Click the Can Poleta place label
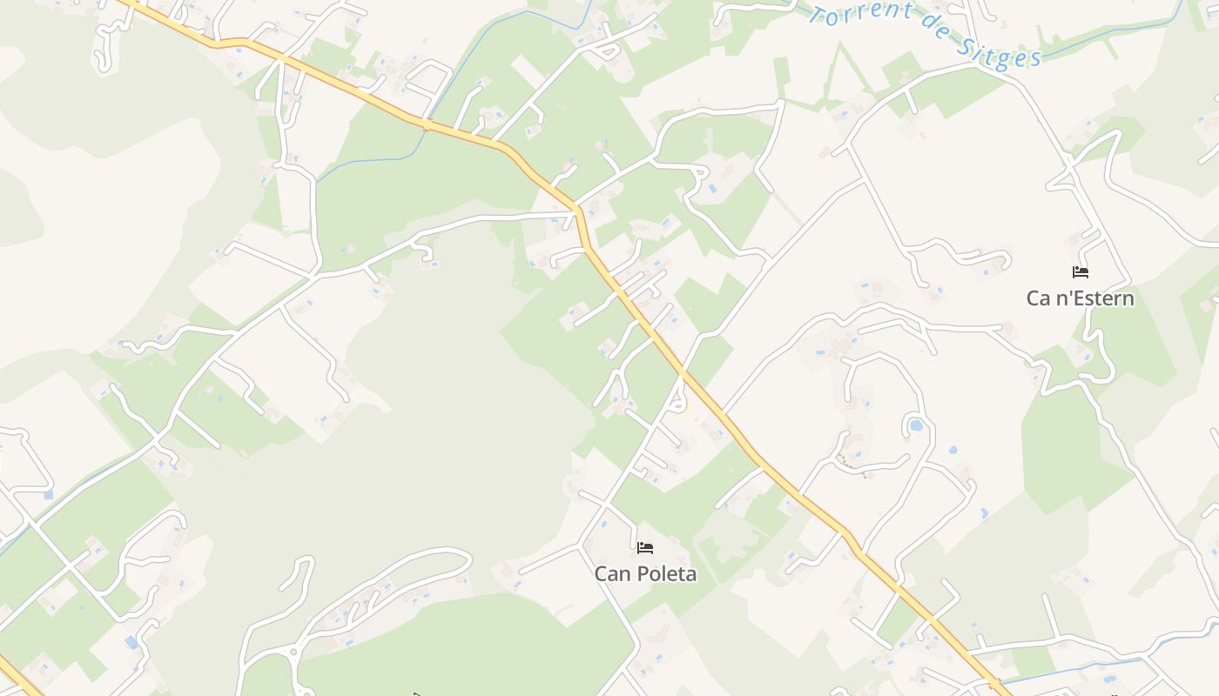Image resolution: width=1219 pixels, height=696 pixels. click(645, 573)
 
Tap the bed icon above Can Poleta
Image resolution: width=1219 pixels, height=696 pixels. click(645, 547)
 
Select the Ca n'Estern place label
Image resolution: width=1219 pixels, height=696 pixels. click(1080, 298)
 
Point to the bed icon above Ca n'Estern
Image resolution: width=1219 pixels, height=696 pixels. click(1081, 272)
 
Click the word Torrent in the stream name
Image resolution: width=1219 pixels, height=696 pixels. click(860, 16)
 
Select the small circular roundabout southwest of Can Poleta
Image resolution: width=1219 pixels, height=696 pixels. click(293, 651)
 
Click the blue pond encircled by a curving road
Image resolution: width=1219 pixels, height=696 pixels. click(916, 426)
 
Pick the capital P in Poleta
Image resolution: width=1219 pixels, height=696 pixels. click(642, 573)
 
